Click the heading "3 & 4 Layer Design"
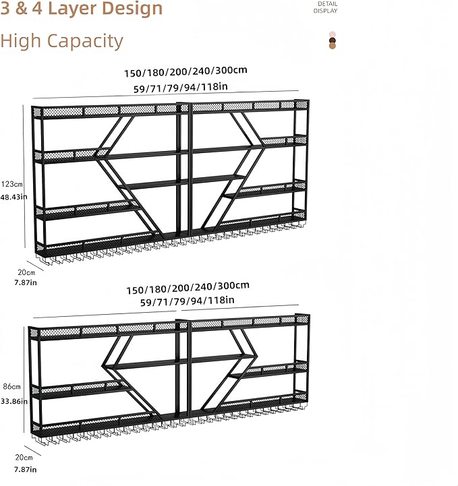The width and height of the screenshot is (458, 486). tap(81, 8)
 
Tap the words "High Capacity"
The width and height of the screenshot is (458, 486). tap(61, 41)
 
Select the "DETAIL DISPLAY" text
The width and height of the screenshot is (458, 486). tap(325, 7)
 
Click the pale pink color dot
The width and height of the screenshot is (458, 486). tap(333, 34)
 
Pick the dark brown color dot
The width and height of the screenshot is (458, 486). tap(333, 40)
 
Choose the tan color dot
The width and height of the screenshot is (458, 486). tap(333, 46)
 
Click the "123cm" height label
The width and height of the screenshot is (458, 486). tap(11, 184)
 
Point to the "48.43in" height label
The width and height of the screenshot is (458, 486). tap(13, 197)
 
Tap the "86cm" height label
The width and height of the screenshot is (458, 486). tap(11, 386)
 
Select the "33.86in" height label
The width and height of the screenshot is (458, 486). tap(14, 401)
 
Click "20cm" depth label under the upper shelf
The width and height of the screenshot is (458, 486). tap(26, 272)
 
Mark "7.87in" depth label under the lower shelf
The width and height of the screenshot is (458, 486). tap(26, 469)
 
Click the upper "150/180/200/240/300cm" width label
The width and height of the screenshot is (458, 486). tap(185, 71)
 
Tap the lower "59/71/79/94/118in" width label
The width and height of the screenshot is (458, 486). tap(188, 301)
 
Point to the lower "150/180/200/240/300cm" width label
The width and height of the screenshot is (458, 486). tap(188, 288)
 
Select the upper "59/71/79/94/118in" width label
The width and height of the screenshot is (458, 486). tap(181, 88)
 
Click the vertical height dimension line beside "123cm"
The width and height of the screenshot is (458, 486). tap(24, 176)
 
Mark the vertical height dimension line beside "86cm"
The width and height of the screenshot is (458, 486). tap(24, 379)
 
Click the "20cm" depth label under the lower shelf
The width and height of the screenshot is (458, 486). tap(24, 457)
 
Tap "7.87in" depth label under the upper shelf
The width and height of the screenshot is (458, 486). tap(26, 282)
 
